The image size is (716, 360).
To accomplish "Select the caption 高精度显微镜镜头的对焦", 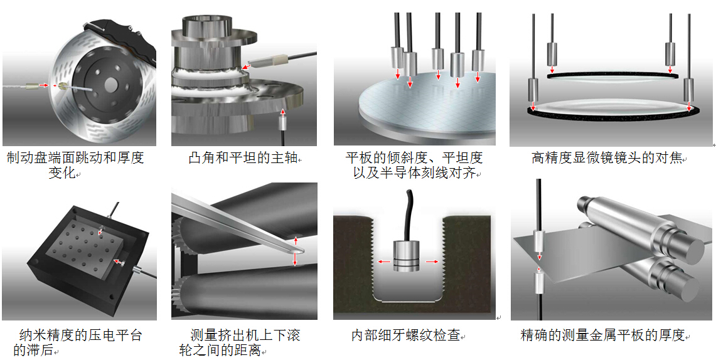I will pos(606,158).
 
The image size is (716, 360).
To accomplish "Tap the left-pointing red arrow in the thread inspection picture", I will pos(383,262).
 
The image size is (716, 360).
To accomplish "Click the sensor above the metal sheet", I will pos(538,241).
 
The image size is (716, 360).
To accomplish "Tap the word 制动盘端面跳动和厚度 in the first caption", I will pos(75,158).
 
